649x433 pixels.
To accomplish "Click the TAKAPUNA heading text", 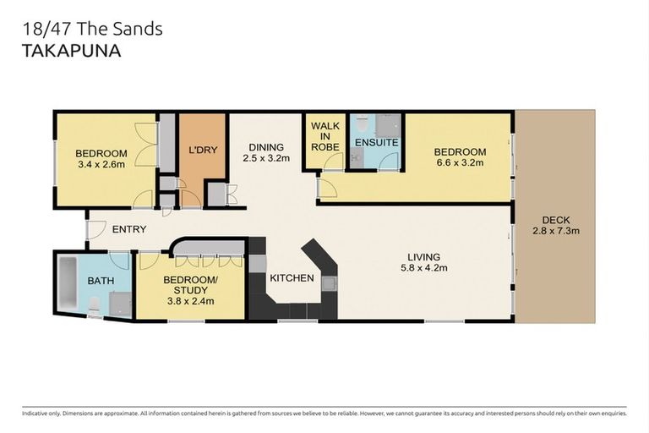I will click(x=69, y=51).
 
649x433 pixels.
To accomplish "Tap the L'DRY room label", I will click(x=203, y=151).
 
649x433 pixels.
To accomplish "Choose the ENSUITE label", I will click(x=376, y=142).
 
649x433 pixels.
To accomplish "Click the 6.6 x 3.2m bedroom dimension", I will click(x=461, y=163).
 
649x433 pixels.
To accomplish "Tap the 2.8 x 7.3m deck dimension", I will click(x=555, y=230).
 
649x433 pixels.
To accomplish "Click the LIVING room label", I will click(x=423, y=257).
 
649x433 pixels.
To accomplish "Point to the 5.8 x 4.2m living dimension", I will click(x=423, y=268).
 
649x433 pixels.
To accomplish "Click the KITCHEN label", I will click(x=292, y=278).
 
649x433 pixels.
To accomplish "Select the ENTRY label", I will click(x=128, y=229).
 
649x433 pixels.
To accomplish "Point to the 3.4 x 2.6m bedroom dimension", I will click(x=101, y=164).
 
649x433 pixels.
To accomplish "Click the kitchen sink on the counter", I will click(x=328, y=283).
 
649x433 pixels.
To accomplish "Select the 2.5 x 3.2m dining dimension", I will click(x=266, y=157).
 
